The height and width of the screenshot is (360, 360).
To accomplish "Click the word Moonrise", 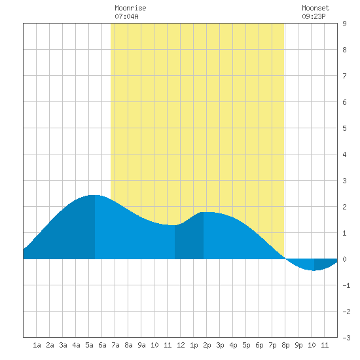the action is coord(130,8).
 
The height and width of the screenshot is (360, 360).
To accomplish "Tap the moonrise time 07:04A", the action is coord(126,16).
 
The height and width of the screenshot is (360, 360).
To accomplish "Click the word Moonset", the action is coord(315,8).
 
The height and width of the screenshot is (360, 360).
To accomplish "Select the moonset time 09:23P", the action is coord(314,16).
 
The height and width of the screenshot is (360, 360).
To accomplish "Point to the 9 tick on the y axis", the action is coord(344,24).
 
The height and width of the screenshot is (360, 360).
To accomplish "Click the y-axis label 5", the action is coord(344,128).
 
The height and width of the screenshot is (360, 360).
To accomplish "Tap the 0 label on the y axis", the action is coord(344,259).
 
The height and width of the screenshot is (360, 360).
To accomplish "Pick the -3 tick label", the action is coord(346,338).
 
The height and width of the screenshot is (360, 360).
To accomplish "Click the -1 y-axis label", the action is coord(346,285).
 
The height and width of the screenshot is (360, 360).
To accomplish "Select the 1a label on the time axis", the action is coord(37,345).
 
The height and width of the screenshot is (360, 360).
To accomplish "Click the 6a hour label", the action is coord(102,345).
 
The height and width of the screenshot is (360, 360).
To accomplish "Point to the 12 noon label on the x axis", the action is coord(181,345).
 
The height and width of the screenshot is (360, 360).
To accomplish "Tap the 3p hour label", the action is coord(220,345).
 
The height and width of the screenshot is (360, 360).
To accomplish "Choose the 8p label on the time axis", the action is coord(285,345).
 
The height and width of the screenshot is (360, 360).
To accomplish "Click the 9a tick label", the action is coord(141,345).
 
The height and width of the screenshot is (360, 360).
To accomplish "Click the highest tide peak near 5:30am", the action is coord(95,196).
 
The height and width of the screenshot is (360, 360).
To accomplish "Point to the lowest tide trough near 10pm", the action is coord(314,270).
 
